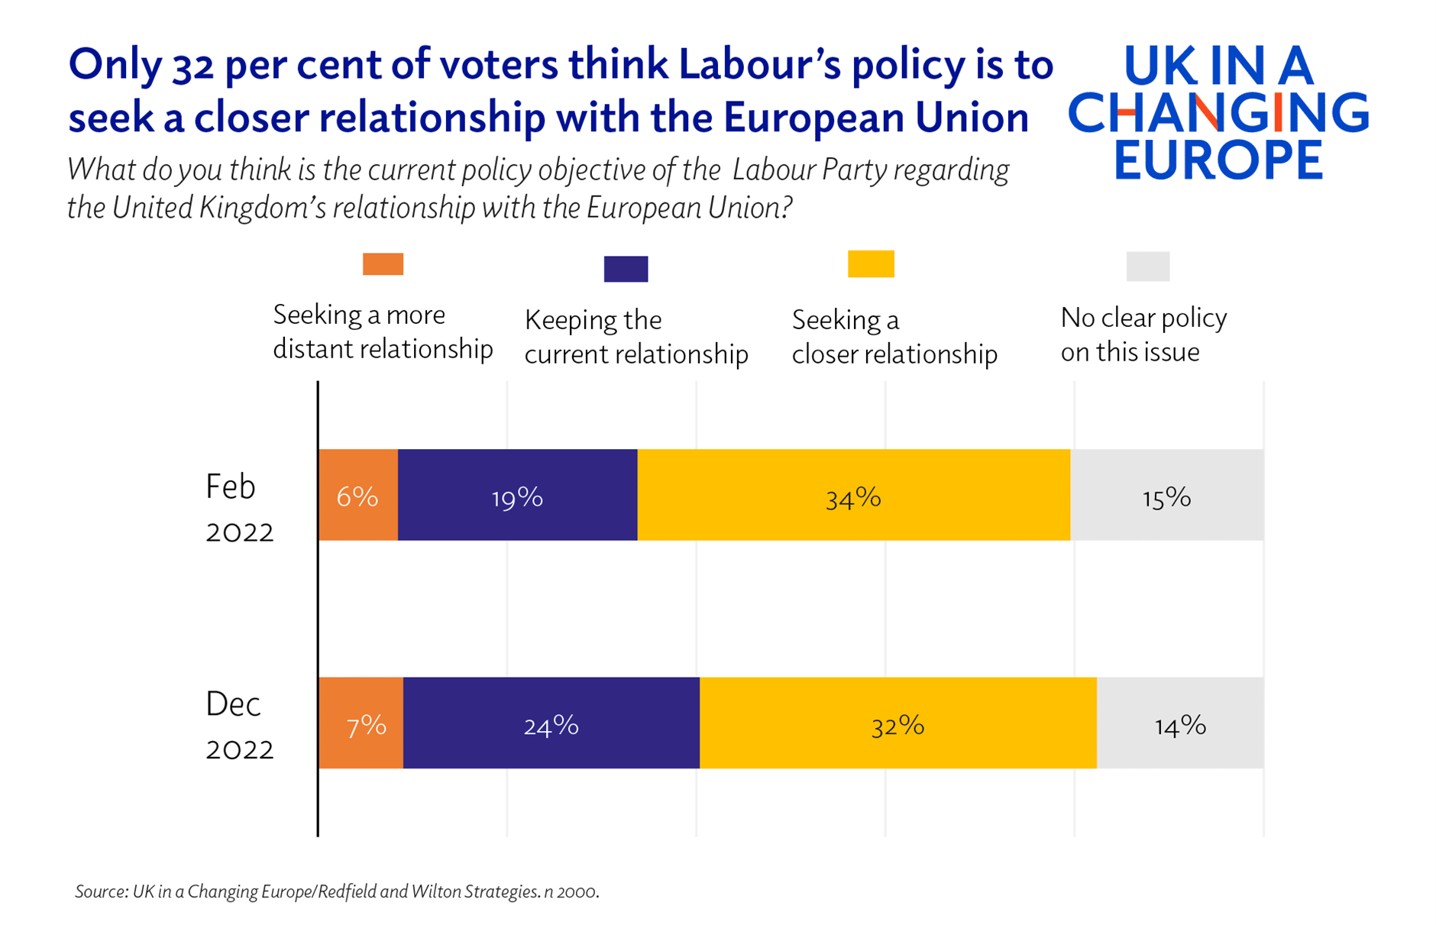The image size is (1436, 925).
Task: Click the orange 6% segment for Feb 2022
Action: pos(357,495)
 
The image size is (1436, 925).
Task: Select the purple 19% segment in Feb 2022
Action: pos(517,495)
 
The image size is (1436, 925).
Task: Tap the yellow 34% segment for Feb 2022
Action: pos(853,495)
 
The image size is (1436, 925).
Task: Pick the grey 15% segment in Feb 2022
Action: pos(1166,495)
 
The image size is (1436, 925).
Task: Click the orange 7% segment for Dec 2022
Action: pos(361,723)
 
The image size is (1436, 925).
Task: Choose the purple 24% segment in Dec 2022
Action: pos(551,723)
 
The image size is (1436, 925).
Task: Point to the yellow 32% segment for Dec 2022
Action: pos(897,723)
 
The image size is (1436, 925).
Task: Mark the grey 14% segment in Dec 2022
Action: pos(1180,723)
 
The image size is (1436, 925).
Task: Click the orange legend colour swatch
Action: pos(383,264)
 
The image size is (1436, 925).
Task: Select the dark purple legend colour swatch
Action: pos(626,269)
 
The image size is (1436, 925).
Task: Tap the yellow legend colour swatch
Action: pos(871,264)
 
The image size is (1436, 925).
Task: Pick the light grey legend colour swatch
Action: pos(1147,266)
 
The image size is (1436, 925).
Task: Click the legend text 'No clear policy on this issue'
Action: pos(1143,335)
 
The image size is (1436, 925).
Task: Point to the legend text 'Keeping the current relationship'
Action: pos(636,337)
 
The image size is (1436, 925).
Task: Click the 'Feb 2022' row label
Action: pos(238,508)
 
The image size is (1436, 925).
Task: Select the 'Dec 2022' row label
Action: pos(238,726)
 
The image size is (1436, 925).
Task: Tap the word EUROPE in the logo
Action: pos(1218,160)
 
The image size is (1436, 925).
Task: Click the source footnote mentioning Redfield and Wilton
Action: pos(337,891)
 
